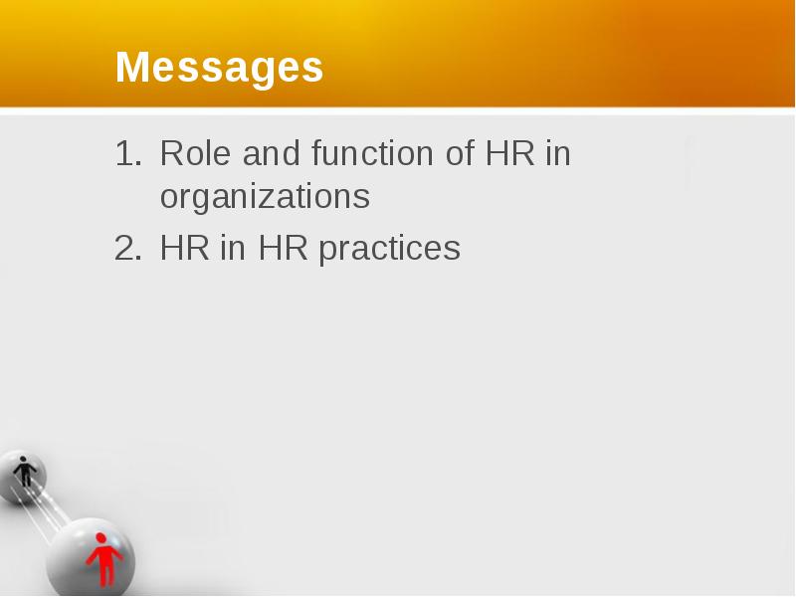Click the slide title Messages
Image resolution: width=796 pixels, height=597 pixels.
tap(219, 67)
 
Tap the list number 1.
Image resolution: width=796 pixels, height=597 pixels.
tap(128, 153)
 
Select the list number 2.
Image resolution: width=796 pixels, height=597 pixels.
tap(128, 248)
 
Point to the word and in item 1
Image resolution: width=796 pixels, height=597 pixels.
tap(271, 153)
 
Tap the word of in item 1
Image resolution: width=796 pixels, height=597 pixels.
tap(460, 153)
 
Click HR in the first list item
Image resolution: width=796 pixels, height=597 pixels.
tap(510, 153)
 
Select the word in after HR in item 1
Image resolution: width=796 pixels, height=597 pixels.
tap(558, 153)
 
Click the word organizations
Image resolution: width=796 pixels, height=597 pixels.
tap(265, 196)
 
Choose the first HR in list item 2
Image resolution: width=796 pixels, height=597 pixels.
tap(185, 248)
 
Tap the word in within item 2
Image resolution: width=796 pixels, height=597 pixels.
tap(233, 248)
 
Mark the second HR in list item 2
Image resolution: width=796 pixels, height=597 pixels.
tap(283, 248)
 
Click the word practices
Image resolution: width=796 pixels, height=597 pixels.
tap(390, 249)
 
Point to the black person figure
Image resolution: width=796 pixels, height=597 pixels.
tap(24, 472)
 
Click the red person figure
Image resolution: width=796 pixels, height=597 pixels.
tap(104, 559)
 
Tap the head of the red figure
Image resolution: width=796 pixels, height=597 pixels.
tap(100, 538)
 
